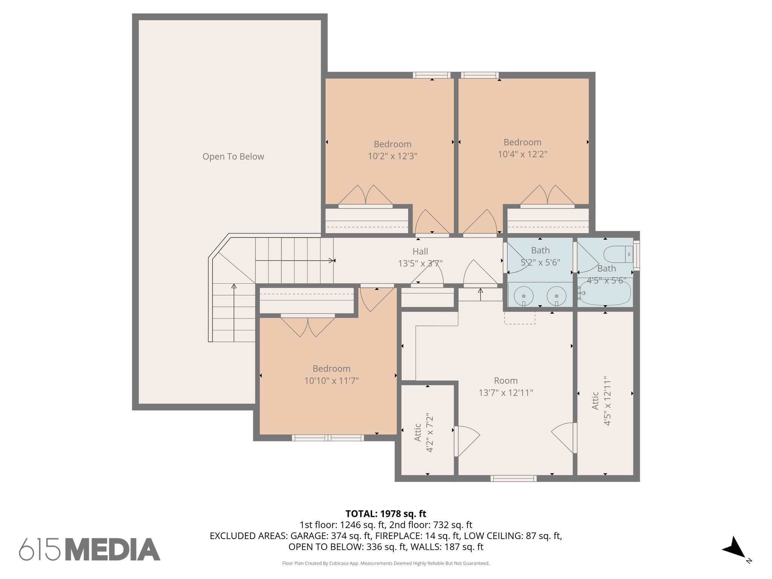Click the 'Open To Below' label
(x=233, y=156)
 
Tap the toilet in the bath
(x=618, y=254)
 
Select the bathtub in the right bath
(x=605, y=294)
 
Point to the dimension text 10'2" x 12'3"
(x=392, y=156)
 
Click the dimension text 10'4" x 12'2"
(x=522, y=154)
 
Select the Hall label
(x=420, y=251)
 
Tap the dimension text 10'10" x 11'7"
(x=331, y=381)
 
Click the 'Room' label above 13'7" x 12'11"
(x=505, y=381)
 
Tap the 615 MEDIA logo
(x=90, y=550)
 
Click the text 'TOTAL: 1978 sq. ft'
(x=386, y=514)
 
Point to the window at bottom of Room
(x=513, y=478)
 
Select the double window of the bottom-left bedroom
(x=328, y=438)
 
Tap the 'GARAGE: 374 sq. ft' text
(x=330, y=536)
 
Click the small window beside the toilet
(x=636, y=255)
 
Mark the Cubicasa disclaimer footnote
(x=386, y=564)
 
